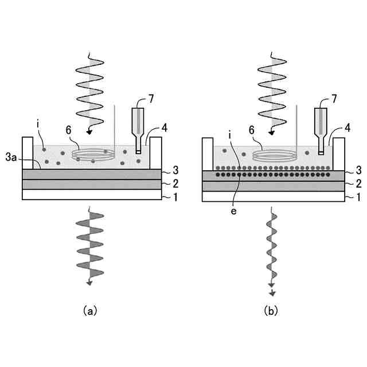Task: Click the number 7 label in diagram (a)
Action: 151,99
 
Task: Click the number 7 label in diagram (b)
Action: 332,99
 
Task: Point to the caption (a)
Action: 89,311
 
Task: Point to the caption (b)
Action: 271,311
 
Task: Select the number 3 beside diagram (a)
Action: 175,171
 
